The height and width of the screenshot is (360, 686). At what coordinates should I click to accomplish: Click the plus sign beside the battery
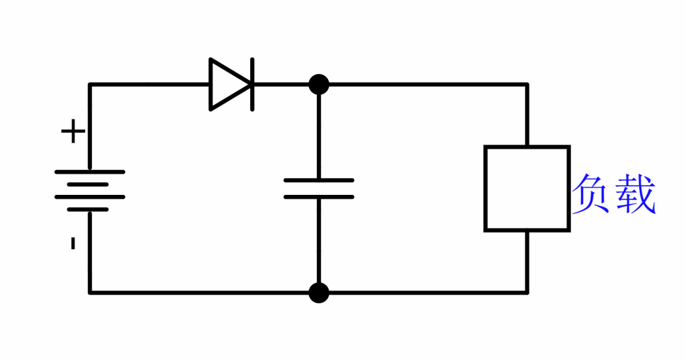73,132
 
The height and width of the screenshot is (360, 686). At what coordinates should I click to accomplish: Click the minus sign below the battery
73,243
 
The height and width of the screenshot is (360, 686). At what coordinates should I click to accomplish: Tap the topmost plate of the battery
90,172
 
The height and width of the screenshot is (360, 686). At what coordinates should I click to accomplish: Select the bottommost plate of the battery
88,209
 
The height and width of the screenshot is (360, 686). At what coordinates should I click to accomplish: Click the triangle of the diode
226,85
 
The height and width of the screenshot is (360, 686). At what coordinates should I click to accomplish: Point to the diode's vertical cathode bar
252,85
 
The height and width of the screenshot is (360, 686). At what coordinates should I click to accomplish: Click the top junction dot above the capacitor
319,85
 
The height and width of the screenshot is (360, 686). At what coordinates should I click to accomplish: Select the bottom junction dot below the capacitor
319,292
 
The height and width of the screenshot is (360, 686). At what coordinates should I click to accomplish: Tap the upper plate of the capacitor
319,180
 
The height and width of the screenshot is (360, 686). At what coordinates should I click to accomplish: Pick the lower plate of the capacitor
319,197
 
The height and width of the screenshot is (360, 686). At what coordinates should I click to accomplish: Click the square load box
527,188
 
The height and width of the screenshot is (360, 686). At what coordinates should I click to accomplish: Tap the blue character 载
635,194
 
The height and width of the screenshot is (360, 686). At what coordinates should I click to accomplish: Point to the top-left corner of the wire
90,85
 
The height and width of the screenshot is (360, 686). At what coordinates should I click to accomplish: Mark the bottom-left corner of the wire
90,292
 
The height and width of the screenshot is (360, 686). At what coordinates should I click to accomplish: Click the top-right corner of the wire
527,85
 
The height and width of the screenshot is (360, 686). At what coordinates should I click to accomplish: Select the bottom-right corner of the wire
527,292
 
